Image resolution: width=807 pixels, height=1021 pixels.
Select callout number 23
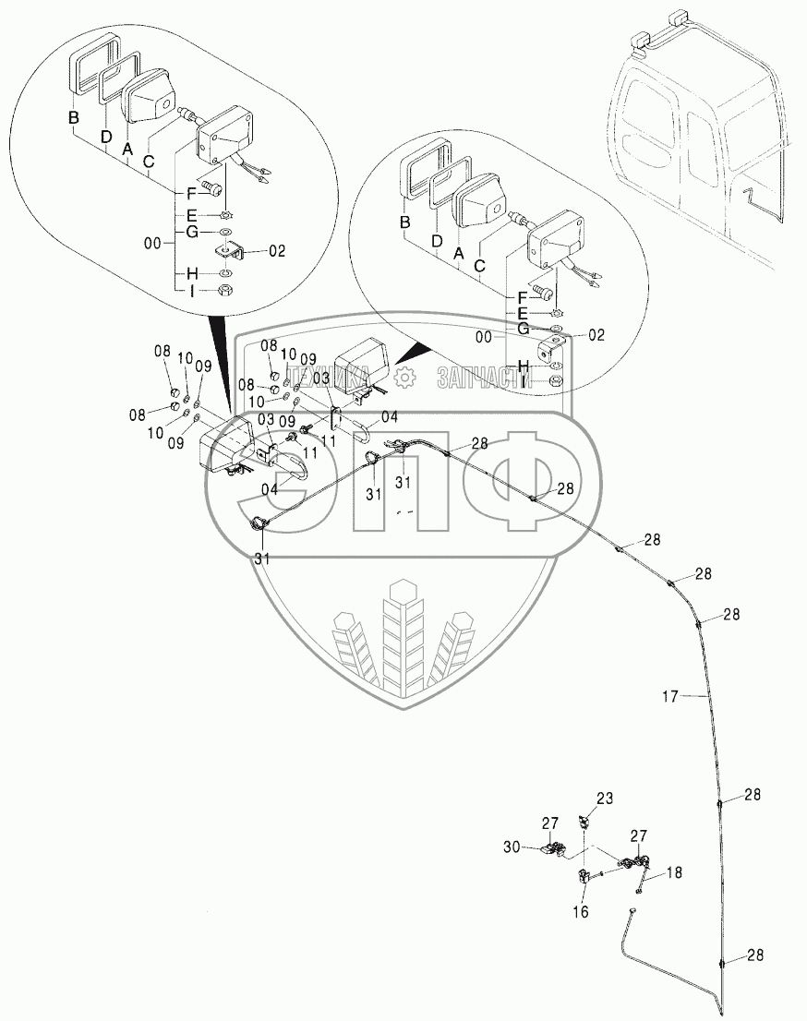coord(604,799)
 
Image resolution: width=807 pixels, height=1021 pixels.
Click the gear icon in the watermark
coord(402,377)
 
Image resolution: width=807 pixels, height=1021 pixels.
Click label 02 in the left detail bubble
coord(277,250)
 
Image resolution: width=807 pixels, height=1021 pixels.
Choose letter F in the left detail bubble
coord(191,193)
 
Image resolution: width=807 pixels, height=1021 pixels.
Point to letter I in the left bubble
coord(192,291)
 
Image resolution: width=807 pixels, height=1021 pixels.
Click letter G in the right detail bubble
coord(524,328)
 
